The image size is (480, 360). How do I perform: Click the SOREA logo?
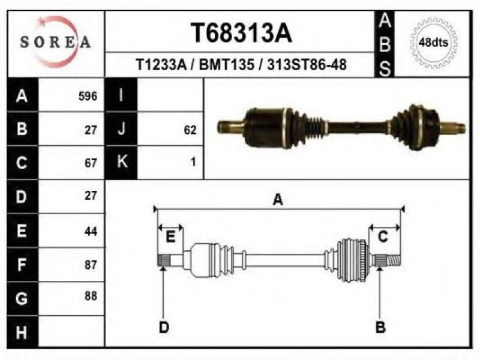coord(55,41)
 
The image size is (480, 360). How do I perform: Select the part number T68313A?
coord(241,33)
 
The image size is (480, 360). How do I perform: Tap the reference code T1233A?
coord(161,65)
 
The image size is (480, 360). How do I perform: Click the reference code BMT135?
coord(227,65)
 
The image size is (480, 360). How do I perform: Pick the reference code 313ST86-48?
coord(307,65)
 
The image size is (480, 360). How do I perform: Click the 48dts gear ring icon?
coord(433,42)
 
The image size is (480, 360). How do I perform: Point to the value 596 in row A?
coord(88,96)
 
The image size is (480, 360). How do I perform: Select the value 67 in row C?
coord(91,163)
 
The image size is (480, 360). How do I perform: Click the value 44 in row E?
coord(91,231)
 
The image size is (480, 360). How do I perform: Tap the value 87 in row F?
coord(91,265)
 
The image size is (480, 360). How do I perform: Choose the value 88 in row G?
coord(91,296)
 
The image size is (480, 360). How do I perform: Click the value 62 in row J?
coord(190,130)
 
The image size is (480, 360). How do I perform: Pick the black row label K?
coord(121,162)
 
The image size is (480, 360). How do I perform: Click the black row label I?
coord(121,95)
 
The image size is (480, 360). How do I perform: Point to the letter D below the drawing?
coord(164,327)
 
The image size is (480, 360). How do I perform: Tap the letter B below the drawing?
coord(380,327)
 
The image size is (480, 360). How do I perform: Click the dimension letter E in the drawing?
coord(170,237)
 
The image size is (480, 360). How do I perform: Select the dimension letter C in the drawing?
coord(383,237)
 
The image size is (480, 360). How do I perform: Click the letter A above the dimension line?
coord(278,200)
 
